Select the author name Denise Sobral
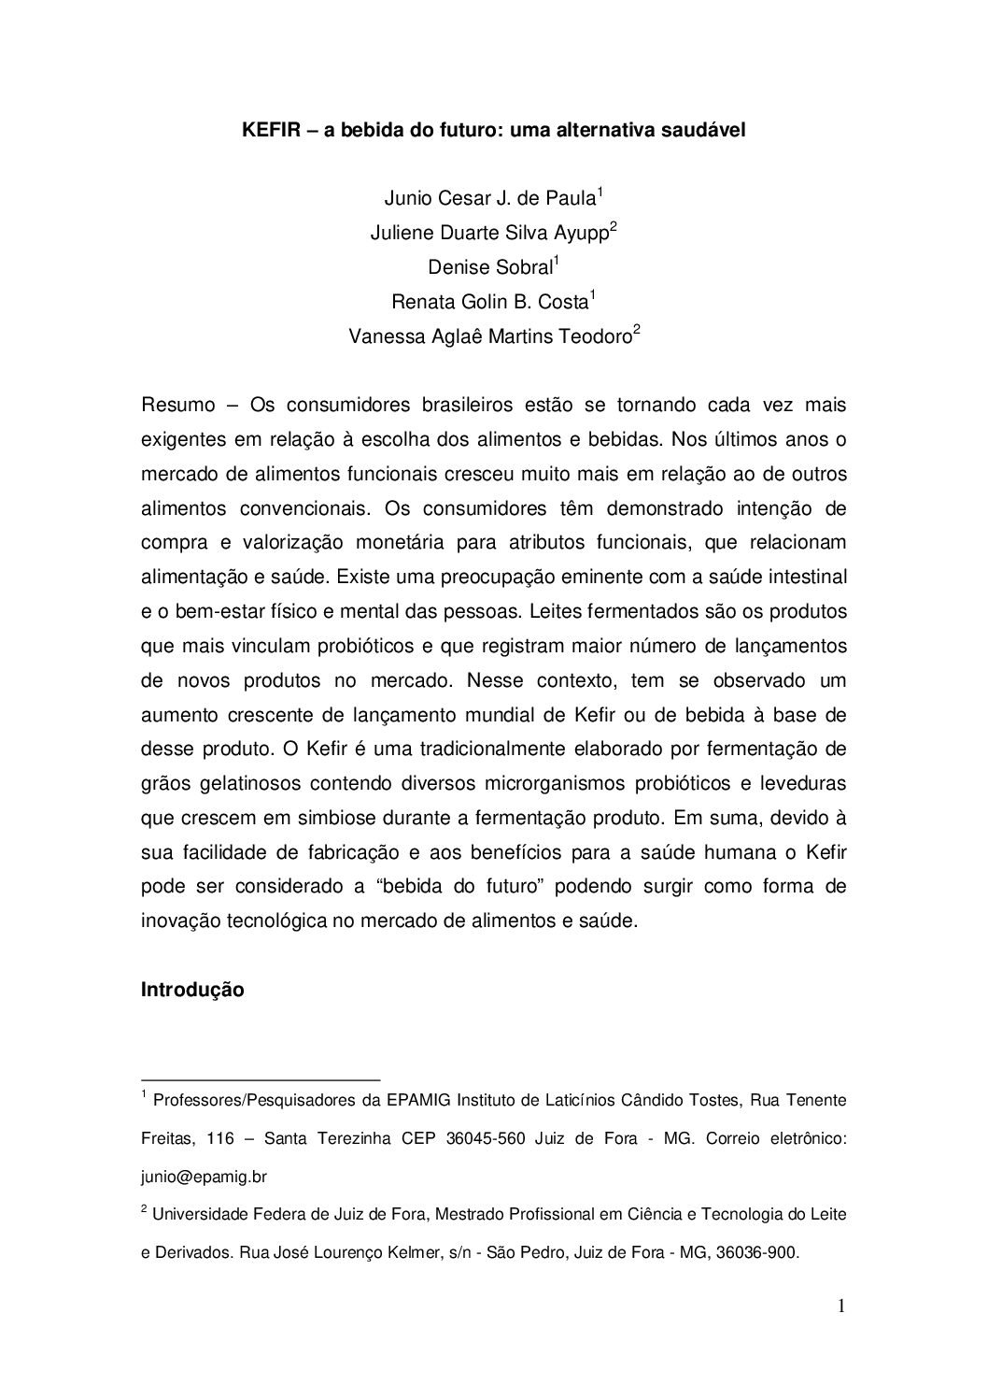pyautogui.click(x=490, y=267)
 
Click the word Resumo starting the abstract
pyautogui.click(x=177, y=406)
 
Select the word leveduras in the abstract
pyautogui.click(x=804, y=782)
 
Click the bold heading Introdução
pyautogui.click(x=192, y=989)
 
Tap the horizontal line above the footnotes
pyautogui.click(x=261, y=1078)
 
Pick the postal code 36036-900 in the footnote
pyautogui.click(x=756, y=1253)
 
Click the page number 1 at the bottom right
pyautogui.click(x=840, y=1306)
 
